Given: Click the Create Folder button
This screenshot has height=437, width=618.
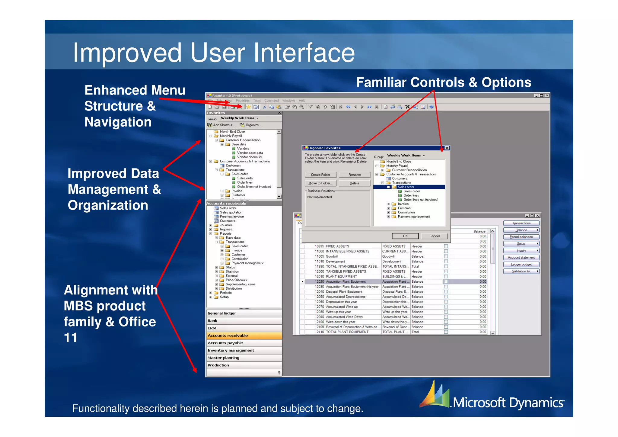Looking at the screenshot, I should tap(320, 175).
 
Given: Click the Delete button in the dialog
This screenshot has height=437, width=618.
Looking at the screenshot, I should tap(354, 183).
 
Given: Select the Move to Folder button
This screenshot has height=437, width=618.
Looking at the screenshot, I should tap(320, 183).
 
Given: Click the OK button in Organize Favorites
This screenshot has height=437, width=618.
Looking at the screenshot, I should tap(405, 236).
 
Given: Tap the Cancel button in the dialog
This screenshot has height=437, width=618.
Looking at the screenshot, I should tap(434, 236).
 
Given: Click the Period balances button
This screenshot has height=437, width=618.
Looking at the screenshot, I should tap(521, 237).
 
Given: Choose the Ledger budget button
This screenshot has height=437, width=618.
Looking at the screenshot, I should tap(521, 264).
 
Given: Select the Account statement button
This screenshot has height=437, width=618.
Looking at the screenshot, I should tap(521, 257).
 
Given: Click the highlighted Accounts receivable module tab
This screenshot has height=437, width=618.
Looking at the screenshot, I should tap(244, 336).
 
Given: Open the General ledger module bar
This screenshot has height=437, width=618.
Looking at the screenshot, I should tap(244, 313).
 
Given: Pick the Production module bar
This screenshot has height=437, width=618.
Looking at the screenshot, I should tap(244, 365).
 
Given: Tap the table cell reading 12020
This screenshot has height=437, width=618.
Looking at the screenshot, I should tap(319, 281).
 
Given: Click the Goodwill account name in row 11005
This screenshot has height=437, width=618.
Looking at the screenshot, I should tap(332, 256).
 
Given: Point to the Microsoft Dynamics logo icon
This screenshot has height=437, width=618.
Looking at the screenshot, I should tap(435, 394).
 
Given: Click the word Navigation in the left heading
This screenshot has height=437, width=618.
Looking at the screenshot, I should tap(118, 122).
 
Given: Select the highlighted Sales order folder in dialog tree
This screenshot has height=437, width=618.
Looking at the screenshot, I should tap(406, 187).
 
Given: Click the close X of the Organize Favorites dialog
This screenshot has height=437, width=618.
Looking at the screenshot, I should tap(447, 148).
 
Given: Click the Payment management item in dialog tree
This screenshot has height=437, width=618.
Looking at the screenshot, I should tap(413, 217).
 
